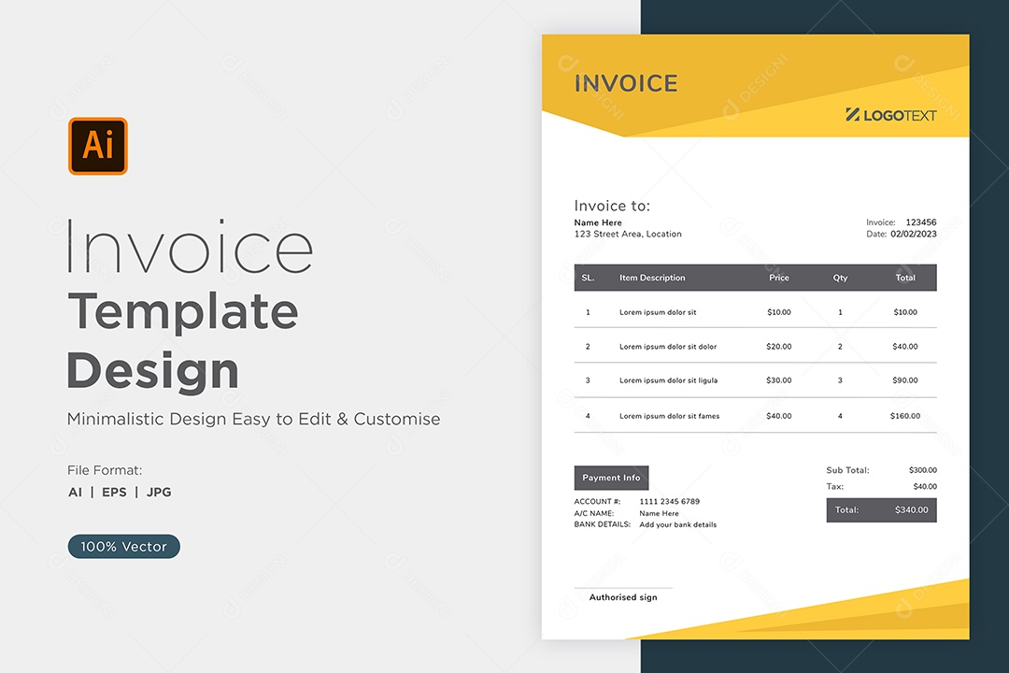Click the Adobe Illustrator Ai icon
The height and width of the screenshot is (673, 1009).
tap(98, 146)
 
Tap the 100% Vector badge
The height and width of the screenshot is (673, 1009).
tap(123, 546)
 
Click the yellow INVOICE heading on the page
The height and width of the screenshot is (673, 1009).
tap(626, 84)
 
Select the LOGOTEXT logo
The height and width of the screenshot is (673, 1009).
tap(891, 115)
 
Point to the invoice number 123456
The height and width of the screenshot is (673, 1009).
tap(921, 222)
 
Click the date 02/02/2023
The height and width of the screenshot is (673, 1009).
tap(914, 234)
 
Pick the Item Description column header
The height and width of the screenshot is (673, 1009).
tap(652, 278)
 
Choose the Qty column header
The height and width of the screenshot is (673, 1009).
tap(841, 278)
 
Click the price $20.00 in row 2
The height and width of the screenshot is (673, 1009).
tap(778, 347)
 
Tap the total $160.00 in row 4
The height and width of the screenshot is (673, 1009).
tap(904, 416)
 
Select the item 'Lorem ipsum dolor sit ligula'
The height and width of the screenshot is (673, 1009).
tap(669, 380)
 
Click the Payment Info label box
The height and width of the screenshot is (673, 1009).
tap(611, 478)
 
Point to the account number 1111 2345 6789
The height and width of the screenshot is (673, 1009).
tap(669, 501)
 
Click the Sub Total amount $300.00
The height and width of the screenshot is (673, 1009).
tap(923, 470)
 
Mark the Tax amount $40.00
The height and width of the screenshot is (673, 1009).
tap(925, 486)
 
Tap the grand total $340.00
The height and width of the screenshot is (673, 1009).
tap(911, 510)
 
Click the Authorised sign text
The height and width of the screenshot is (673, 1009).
tap(623, 597)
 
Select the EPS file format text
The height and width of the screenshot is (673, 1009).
tap(115, 492)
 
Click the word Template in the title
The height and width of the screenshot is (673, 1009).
tap(183, 312)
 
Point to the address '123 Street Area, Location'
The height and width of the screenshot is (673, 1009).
tap(628, 234)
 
